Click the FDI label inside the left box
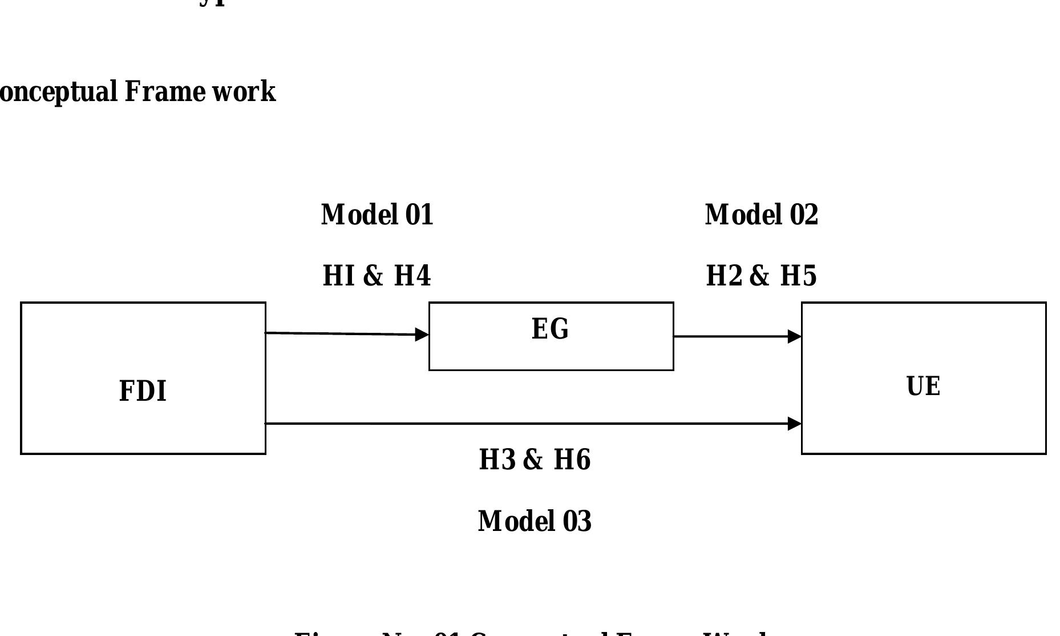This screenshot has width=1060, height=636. pos(143,392)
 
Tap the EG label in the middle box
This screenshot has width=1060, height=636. pos(550,329)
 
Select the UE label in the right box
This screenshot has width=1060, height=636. pos(923,387)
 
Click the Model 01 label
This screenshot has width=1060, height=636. pos(377,215)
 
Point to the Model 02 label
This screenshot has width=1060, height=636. pos(762,215)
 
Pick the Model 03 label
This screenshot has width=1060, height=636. pos(535,521)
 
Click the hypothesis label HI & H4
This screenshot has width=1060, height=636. pos(377,276)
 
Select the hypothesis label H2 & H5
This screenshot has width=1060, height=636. pos(762,276)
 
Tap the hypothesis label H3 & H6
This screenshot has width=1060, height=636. pos(535,460)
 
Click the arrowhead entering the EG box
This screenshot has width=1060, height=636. pos(422,335)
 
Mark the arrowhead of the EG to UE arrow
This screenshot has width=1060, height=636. pos(795,337)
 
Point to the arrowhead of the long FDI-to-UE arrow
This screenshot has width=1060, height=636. pos(795,424)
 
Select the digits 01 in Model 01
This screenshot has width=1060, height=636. pos(419,215)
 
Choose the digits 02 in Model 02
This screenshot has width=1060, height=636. pos(804,215)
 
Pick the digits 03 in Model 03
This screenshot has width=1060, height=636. pos(577,521)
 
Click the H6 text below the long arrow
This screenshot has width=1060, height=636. pos(572,460)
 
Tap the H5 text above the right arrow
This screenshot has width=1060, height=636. pos(798,276)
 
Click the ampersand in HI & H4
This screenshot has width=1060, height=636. pos(373,276)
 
